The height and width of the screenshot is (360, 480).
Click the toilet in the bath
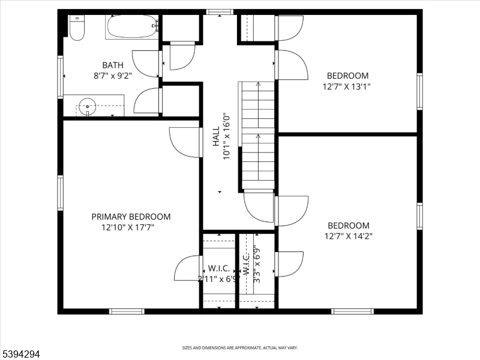tap(77, 28)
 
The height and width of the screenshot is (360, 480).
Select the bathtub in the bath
tap(131, 27)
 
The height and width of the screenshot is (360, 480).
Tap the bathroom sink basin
tap(88, 107)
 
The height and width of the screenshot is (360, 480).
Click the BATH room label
tap(112, 65)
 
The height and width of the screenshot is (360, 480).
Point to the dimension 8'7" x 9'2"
tap(112, 76)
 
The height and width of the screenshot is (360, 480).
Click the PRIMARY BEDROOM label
tap(131, 217)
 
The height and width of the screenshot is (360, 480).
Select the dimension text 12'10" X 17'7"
tap(131, 227)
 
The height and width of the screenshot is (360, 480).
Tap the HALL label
tap(215, 136)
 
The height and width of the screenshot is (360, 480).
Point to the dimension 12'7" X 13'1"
tap(347, 86)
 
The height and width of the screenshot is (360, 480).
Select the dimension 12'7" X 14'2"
tap(348, 236)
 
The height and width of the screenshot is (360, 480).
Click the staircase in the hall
tap(258, 135)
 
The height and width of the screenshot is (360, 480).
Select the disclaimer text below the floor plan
tap(240, 347)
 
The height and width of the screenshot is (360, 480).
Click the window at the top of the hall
tap(219, 12)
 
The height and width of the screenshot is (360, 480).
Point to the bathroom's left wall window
tap(61, 76)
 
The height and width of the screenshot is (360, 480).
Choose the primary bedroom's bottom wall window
tap(127, 311)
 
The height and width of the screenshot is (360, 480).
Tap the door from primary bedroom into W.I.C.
tap(188, 268)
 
